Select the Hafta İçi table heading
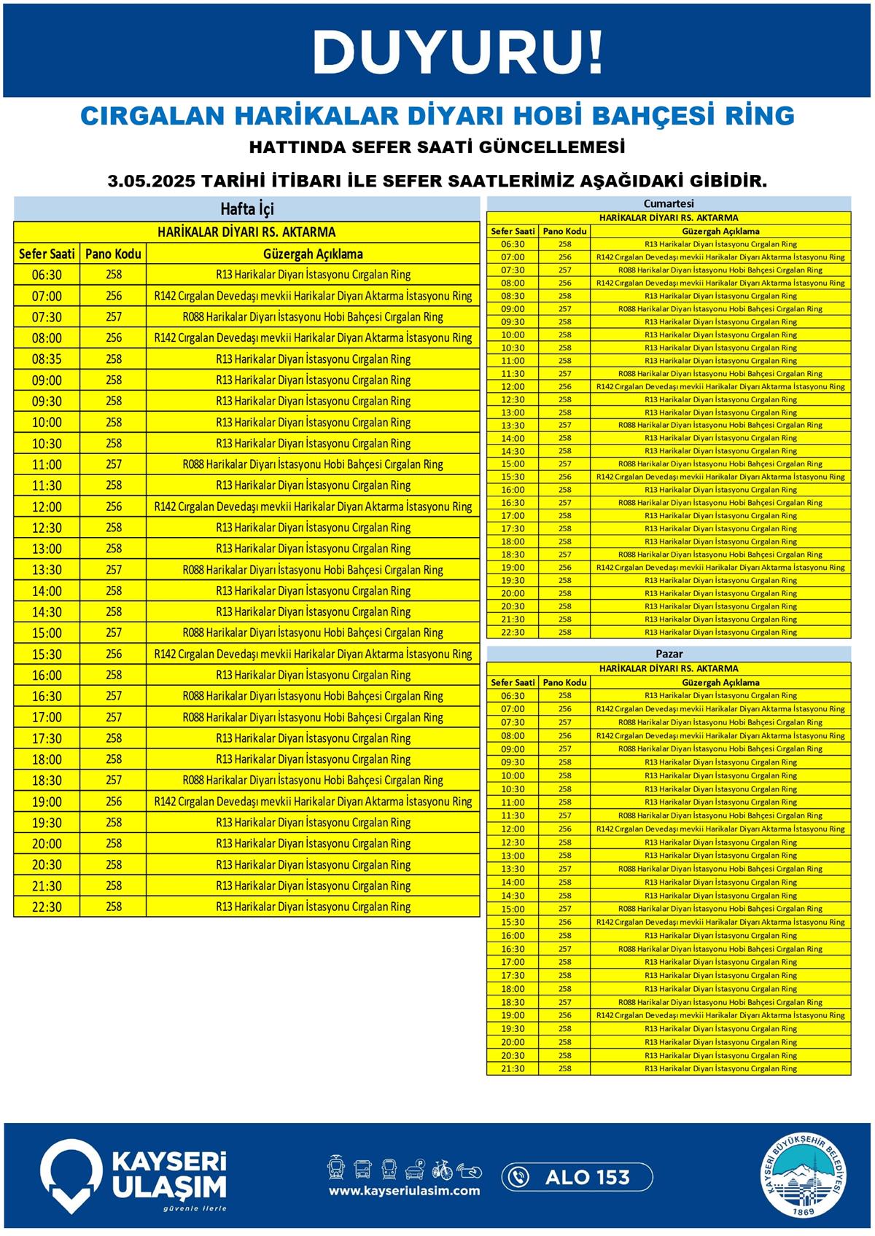click(246, 209)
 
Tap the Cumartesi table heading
click(669, 203)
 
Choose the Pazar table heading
click(669, 654)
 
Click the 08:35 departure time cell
click(47, 359)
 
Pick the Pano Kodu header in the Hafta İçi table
click(113, 254)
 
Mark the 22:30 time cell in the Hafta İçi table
click(47, 907)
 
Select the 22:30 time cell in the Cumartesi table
click(513, 632)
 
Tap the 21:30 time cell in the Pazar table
click(513, 1068)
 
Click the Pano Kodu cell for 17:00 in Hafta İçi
click(113, 717)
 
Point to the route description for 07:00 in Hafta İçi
click(313, 296)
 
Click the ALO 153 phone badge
click(577, 1177)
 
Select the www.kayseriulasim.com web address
click(404, 1191)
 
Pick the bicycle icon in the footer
click(442, 1170)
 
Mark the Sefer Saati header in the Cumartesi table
click(513, 231)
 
